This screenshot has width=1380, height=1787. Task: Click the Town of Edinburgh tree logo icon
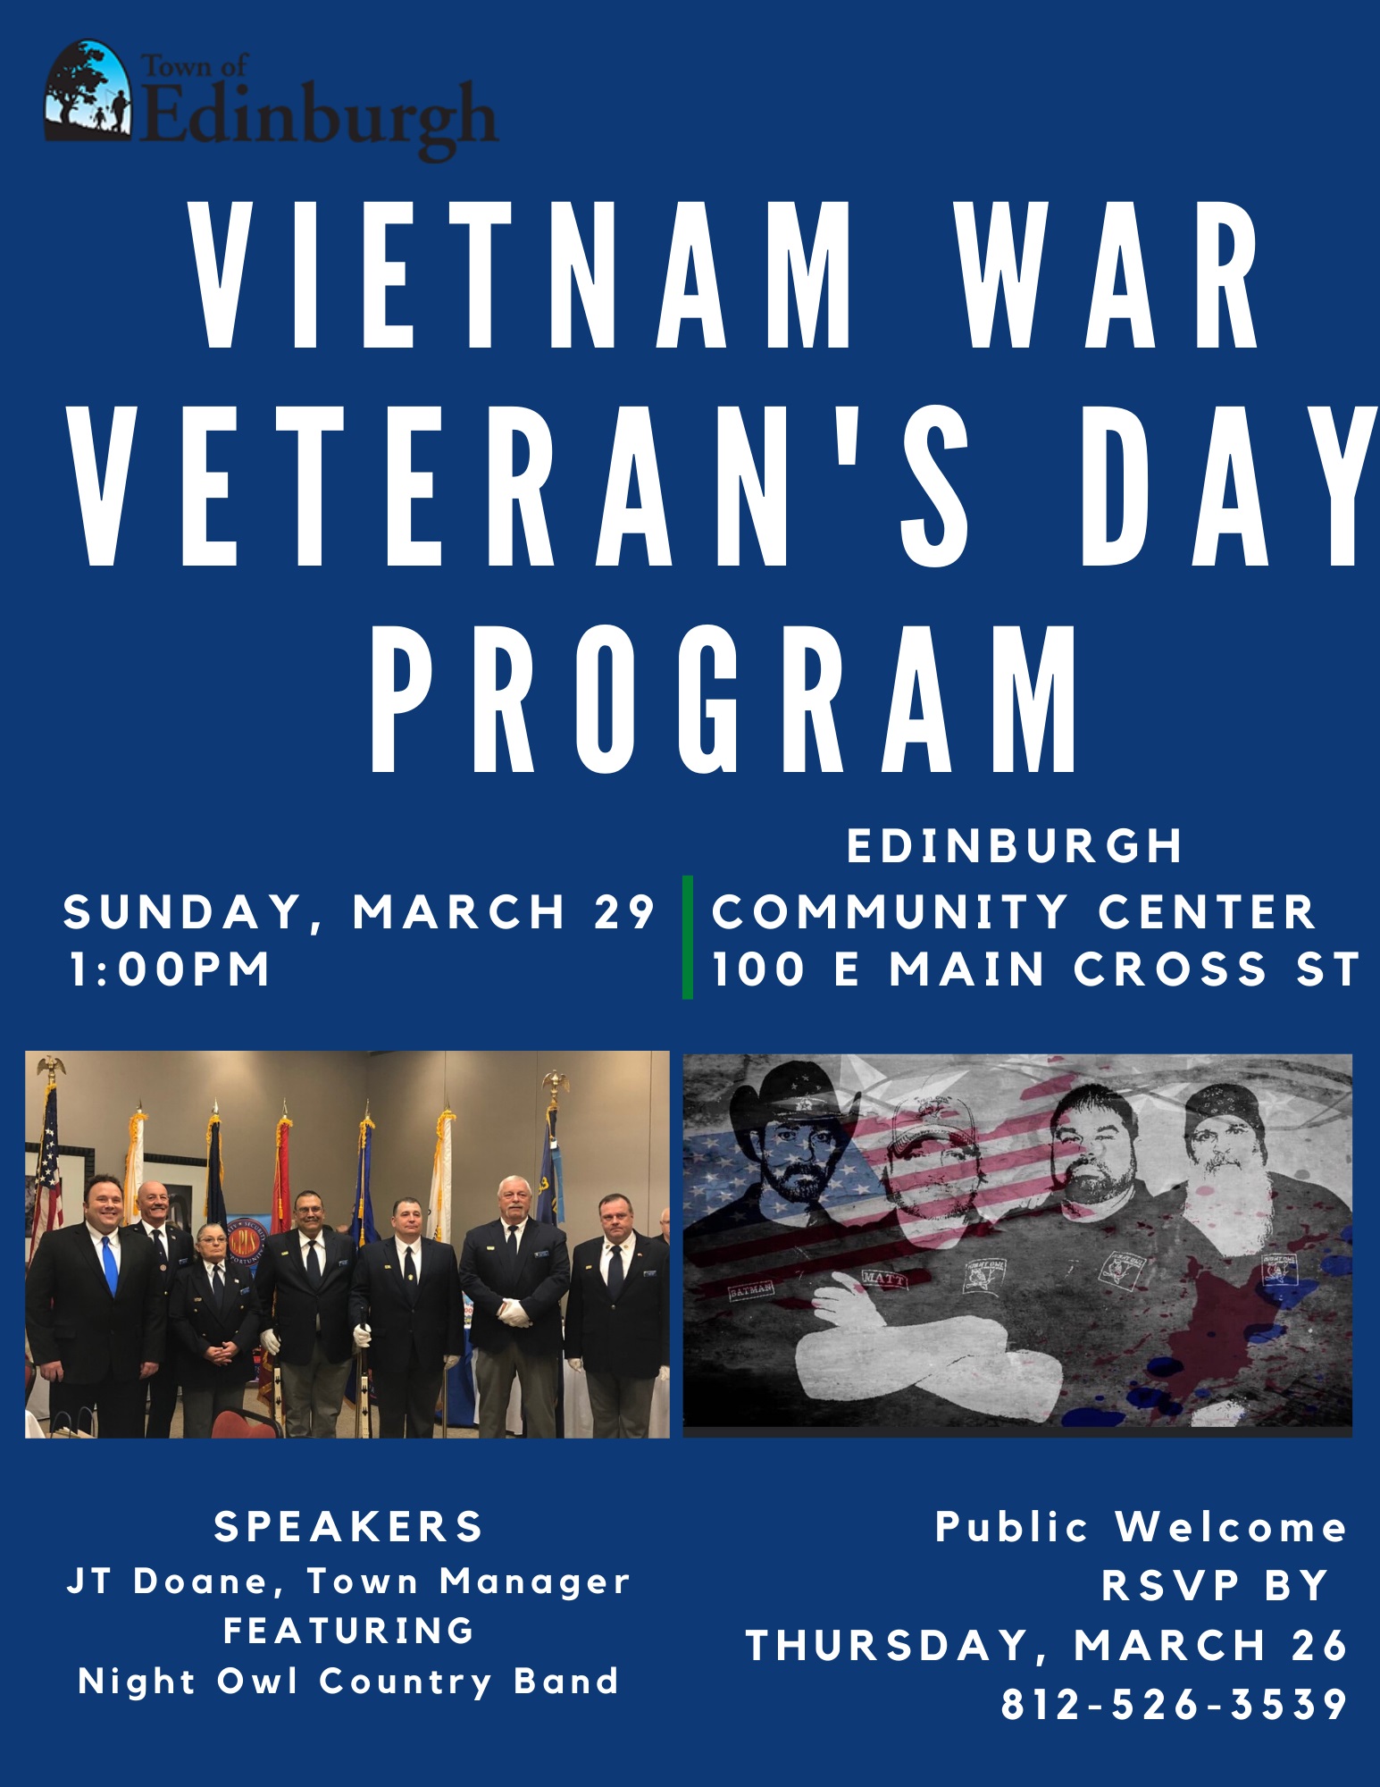[x=88, y=90]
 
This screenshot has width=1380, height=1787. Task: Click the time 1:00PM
[x=170, y=969]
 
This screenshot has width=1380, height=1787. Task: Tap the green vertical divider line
[x=688, y=936]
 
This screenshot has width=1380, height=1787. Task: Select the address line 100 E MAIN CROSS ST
[x=1036, y=969]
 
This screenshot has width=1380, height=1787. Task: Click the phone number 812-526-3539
[x=1175, y=1704]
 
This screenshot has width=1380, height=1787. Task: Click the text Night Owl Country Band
[x=348, y=1682]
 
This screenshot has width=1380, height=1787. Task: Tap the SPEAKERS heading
[x=348, y=1527]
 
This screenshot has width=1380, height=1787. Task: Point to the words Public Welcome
[x=1142, y=1527]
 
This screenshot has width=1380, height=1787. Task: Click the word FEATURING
[x=348, y=1632]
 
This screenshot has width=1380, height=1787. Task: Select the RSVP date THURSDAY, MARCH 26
[x=1047, y=1646]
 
